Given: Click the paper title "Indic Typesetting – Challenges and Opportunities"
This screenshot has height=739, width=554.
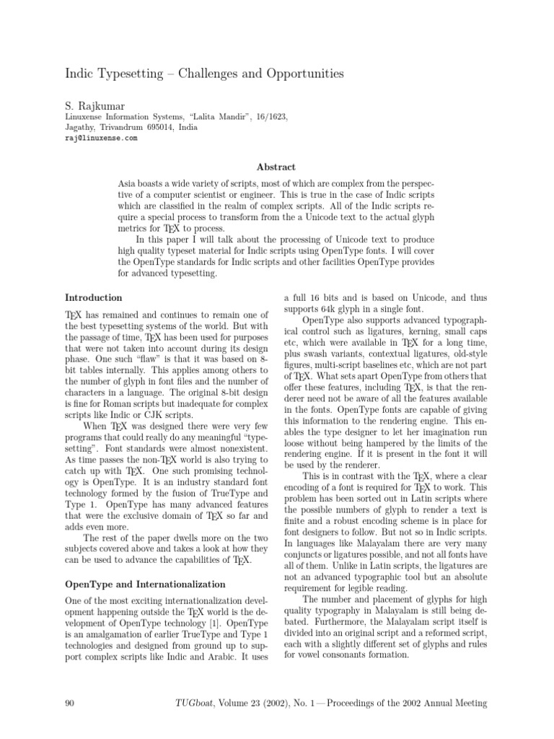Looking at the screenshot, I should pyautogui.click(x=204, y=74).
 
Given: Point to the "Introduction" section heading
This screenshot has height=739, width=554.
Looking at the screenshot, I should pyautogui.click(x=94, y=297).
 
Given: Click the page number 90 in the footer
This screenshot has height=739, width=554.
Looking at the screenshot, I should pyautogui.click(x=71, y=703).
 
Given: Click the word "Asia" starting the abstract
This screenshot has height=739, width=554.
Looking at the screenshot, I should pyautogui.click(x=128, y=185).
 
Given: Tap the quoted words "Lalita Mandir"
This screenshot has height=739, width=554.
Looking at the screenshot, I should pyautogui.click(x=196, y=115).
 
